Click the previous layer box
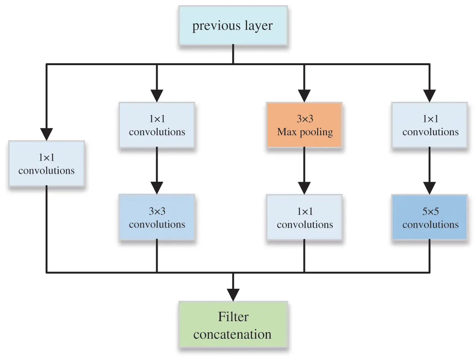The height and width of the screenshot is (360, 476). pos(233,26)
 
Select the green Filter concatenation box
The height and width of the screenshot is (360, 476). pos(233,326)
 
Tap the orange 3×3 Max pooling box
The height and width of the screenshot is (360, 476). pos(304,125)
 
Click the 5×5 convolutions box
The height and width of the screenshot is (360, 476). pos(430,218)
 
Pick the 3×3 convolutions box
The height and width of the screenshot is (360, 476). pos(157,218)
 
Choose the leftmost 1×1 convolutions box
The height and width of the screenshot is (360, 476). pos(46,164)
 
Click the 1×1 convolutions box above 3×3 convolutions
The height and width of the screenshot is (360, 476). pos(157,125)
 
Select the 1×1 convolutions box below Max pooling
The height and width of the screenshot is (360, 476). pos(304,218)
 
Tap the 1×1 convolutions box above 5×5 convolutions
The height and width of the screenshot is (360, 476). pos(430,125)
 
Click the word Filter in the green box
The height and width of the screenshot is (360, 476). pos(233,317)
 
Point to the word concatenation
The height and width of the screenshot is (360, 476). pos(233,334)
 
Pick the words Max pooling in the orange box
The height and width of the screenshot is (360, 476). pos(305,132)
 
